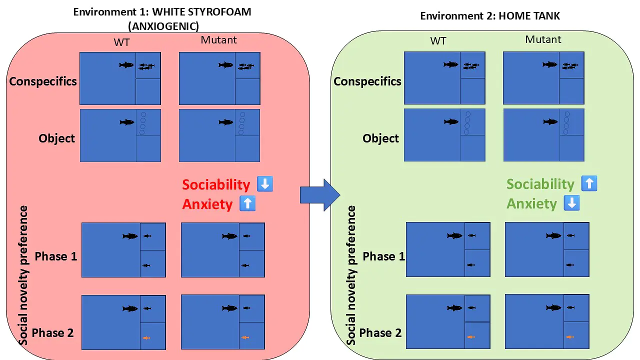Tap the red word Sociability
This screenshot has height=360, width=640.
pos(216,184)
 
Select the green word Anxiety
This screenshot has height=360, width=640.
pos(531,203)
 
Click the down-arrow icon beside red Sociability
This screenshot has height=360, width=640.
pos(265,183)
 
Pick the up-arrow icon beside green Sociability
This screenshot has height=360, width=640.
pos(589,183)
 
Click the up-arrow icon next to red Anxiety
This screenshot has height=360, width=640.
pos(247,203)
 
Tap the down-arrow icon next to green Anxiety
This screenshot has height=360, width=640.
pos(571,203)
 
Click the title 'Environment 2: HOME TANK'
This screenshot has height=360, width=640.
pos(490,16)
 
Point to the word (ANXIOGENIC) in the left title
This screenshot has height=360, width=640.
pos(163,26)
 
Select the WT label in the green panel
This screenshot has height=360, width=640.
pos(438,41)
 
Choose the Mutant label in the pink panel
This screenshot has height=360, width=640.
pos(218,40)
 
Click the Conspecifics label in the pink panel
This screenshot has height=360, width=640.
pos(43,81)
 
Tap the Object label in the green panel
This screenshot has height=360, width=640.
pos(380,138)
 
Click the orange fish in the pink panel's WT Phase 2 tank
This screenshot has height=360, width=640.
pos(146,338)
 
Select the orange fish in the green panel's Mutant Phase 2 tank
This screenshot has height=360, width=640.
pos(569,337)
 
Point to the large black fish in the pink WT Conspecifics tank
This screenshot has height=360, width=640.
pos(126,65)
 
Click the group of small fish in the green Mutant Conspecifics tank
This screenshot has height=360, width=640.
pos(570,66)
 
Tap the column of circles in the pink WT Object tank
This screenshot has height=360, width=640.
pos(143,123)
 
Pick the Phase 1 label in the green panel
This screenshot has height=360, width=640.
pos(383,256)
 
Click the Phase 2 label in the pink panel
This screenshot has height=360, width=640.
pos(52,333)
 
